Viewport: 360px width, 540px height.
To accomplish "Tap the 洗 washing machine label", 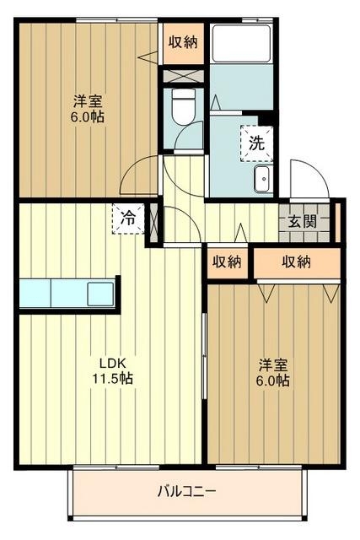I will [255, 143].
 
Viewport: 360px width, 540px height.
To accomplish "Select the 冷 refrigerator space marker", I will [128, 218].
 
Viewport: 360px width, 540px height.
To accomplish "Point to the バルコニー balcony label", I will [186, 490].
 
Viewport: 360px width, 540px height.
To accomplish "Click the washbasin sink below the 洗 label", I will [261, 178].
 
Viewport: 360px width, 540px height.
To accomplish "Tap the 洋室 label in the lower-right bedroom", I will [273, 364].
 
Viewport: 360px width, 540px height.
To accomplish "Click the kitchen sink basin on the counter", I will [100, 294].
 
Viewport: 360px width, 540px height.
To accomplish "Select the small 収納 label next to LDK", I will [227, 262].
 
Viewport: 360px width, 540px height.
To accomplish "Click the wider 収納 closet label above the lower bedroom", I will [296, 262].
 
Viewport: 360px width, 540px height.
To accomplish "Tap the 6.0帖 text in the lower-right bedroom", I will [273, 381].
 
